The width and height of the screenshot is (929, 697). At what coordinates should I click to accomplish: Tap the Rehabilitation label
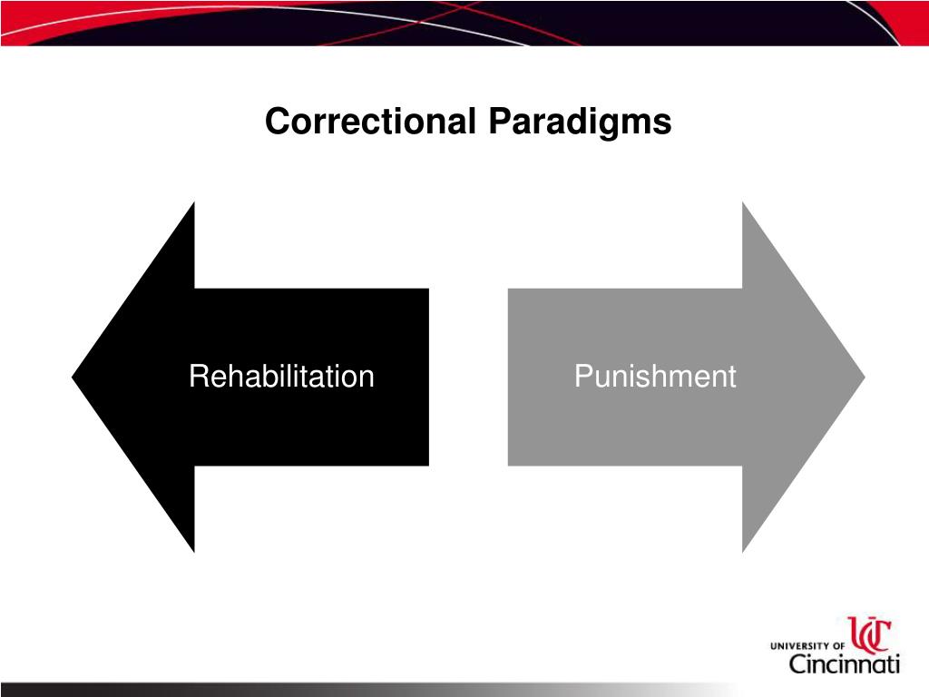(281, 377)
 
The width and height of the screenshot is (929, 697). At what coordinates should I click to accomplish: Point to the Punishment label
(654, 377)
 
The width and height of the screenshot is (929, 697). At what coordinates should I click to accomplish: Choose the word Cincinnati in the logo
(843, 664)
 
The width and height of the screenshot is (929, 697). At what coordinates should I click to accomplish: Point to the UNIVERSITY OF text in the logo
(807, 645)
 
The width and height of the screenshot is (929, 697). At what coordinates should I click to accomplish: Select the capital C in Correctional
(275, 122)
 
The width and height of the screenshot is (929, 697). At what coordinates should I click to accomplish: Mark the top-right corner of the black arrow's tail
(427, 290)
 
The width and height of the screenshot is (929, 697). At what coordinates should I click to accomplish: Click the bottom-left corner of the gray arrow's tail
(509, 465)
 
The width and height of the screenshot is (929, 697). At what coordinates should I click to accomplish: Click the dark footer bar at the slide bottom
(272, 690)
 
